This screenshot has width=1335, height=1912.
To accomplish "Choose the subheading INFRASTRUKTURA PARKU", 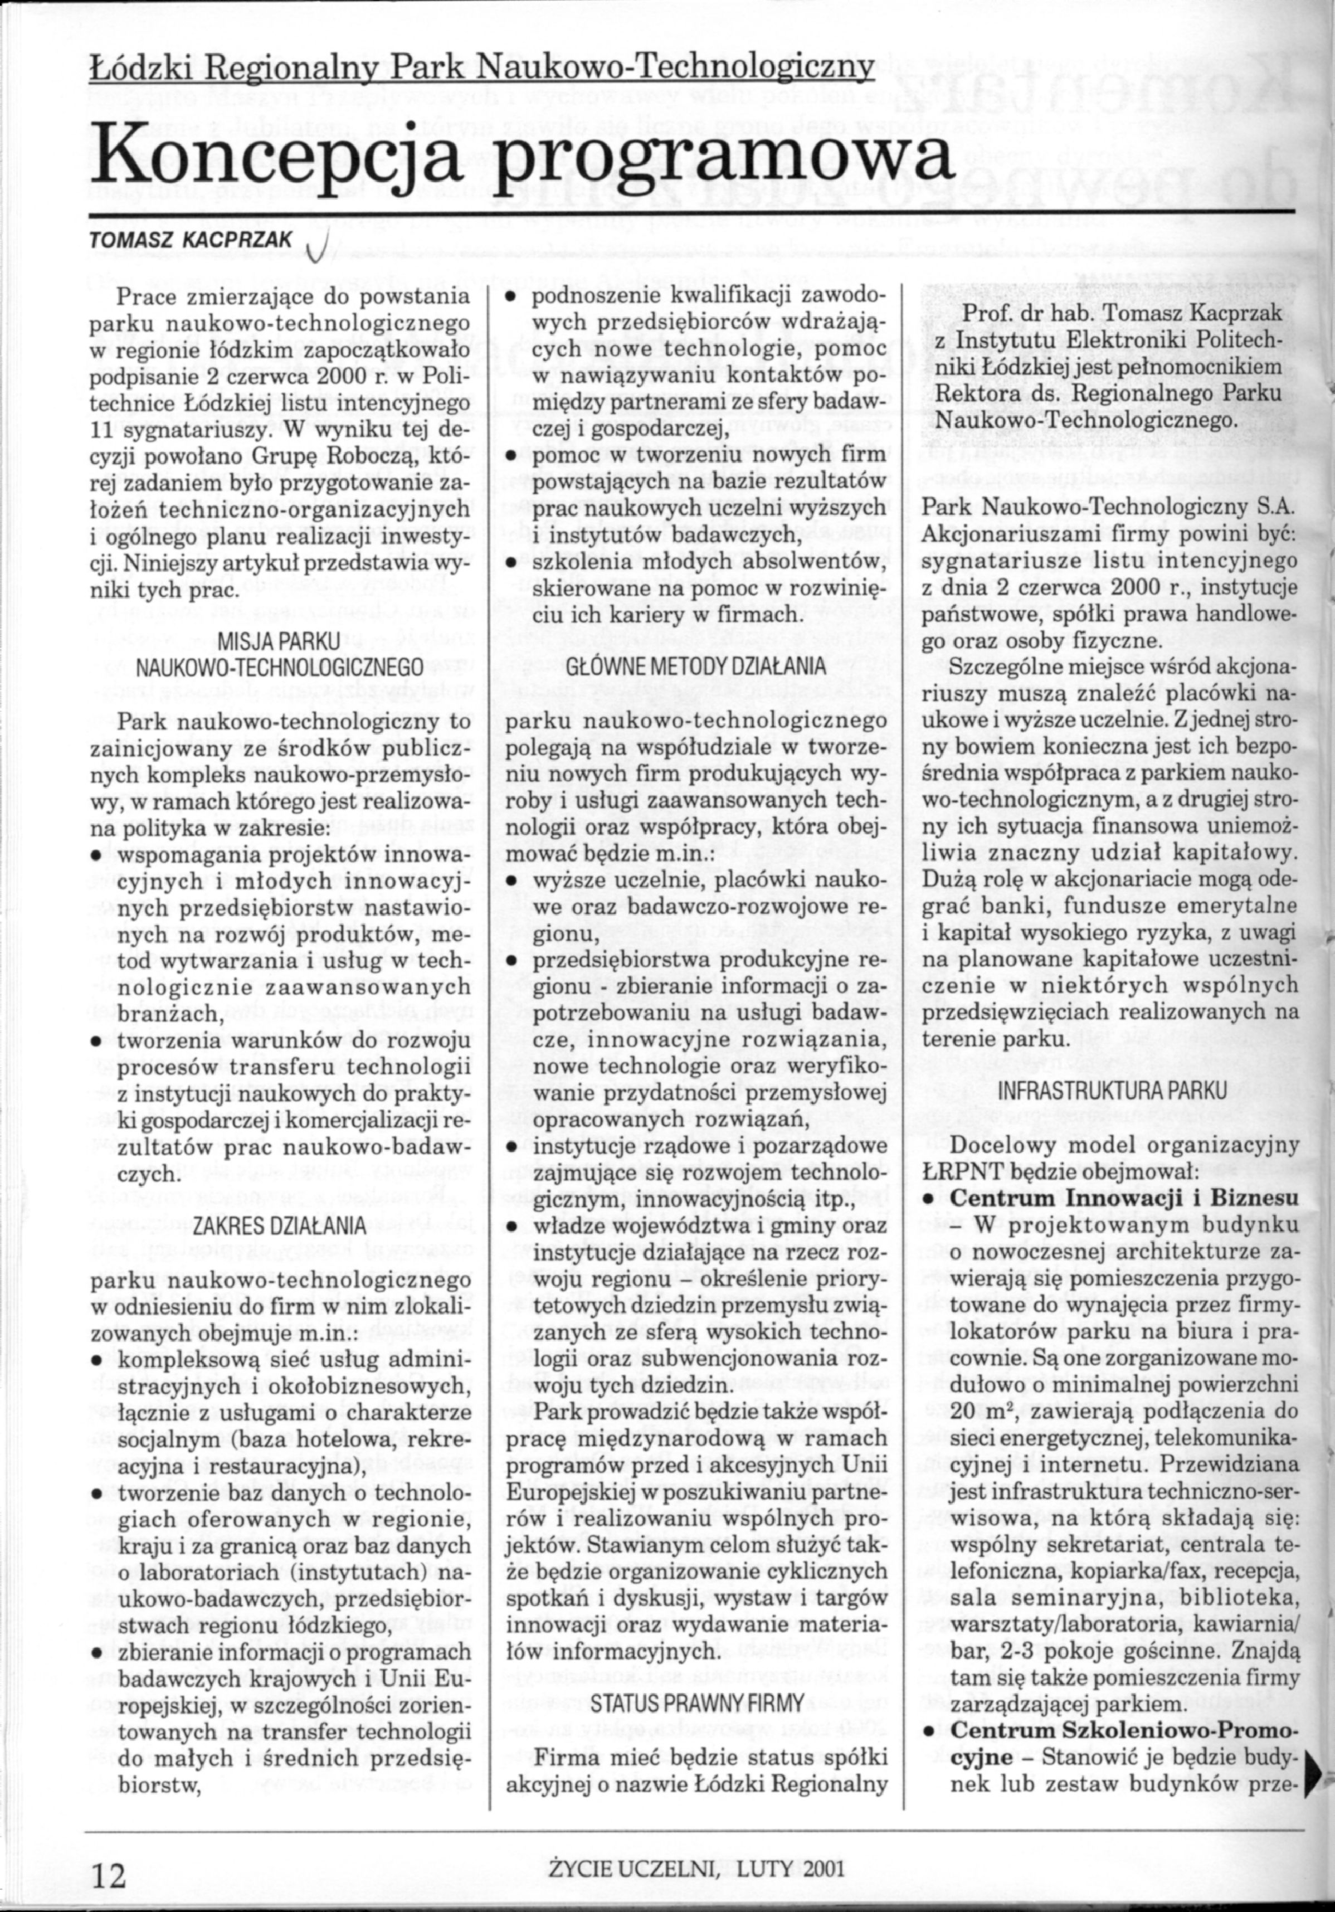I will (x=1111, y=1091).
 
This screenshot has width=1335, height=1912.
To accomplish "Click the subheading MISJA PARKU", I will (x=279, y=640).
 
